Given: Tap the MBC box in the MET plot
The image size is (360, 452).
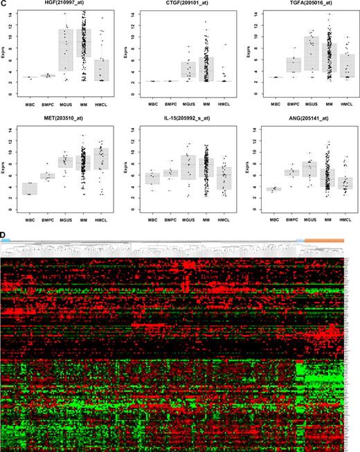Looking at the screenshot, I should tap(29, 188).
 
